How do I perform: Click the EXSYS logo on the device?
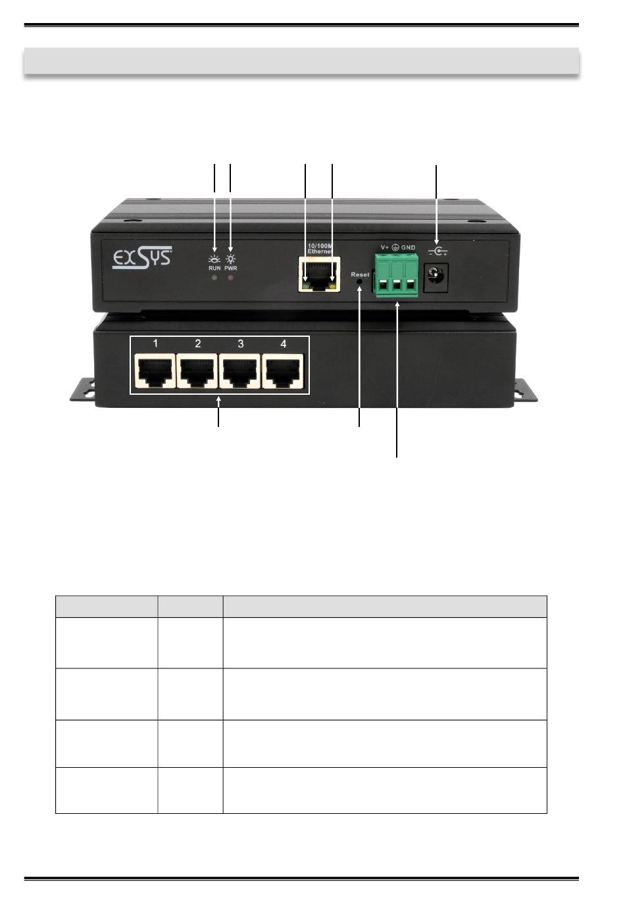coord(142,258)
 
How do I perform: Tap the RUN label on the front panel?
coord(214,268)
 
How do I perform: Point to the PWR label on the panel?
coord(230,268)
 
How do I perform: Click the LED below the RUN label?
coord(214,278)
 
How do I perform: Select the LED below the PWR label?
coord(230,278)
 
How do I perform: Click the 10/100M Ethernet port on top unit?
coord(319,274)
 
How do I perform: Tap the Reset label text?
coord(360,274)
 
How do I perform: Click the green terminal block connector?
coord(397,276)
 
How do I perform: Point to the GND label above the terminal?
coord(408,247)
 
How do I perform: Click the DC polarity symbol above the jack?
coord(437,251)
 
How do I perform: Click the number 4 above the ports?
coord(284,343)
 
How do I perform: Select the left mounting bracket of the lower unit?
coord(82,389)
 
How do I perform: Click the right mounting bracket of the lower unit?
coord(526,389)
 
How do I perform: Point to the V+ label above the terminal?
coord(385,247)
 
